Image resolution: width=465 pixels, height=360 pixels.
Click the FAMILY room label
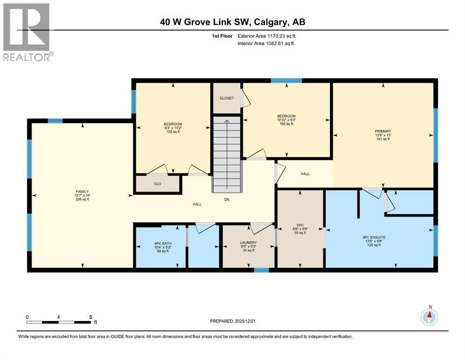click(82, 191)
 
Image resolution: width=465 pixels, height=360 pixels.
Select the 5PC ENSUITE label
click(380, 238)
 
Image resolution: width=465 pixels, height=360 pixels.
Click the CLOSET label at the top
click(227, 98)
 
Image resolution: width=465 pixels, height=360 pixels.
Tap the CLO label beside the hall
click(158, 184)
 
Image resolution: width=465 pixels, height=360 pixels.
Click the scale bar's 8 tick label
click(90, 317)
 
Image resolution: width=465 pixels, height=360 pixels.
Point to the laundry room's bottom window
click(261, 270)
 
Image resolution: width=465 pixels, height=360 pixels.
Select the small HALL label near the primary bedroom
click(305, 174)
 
